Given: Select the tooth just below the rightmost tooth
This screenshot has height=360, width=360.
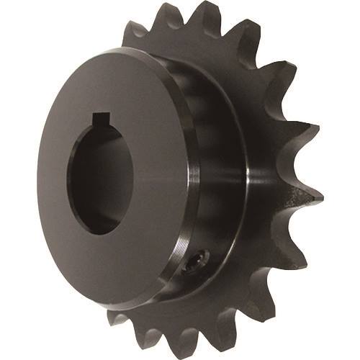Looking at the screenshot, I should point(306,248).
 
